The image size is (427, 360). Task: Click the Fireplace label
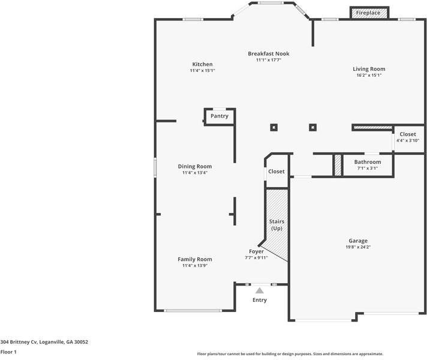click(x=368, y=13)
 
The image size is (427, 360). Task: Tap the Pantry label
click(x=219, y=116)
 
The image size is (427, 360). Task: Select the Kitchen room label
click(x=202, y=64)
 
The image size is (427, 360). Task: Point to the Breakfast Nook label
click(x=269, y=53)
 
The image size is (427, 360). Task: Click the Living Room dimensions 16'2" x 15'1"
click(x=369, y=76)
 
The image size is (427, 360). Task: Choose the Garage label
click(x=358, y=241)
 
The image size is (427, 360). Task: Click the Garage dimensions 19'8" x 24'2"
click(x=358, y=247)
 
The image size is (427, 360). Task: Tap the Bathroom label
click(x=367, y=162)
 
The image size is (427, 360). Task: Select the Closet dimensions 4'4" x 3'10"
click(x=408, y=140)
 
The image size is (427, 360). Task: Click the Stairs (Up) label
click(x=276, y=225)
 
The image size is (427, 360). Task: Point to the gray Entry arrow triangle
click(x=260, y=290)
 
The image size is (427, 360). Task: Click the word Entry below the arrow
click(x=260, y=300)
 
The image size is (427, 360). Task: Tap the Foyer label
click(x=256, y=251)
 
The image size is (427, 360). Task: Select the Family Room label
click(x=195, y=259)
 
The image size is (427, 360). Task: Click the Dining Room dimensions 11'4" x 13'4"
click(x=195, y=173)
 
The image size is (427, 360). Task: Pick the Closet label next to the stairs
click(x=276, y=172)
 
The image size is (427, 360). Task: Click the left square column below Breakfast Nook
click(x=273, y=127)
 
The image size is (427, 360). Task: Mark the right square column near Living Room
click(x=312, y=127)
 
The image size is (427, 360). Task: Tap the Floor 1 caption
click(x=8, y=352)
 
